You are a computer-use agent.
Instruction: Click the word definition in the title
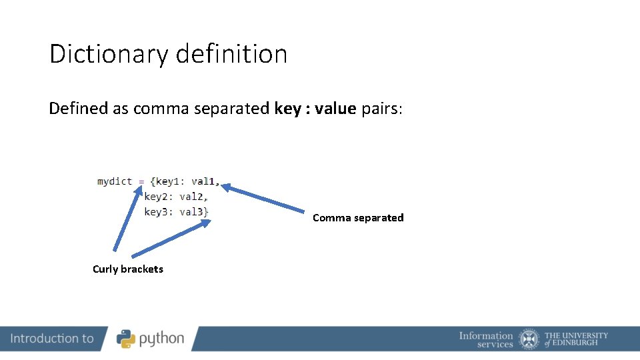click(231, 54)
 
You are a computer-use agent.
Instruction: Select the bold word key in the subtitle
click(287, 109)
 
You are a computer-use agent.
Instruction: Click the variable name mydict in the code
click(115, 181)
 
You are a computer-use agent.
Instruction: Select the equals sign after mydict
click(141, 181)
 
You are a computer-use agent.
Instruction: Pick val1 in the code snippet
click(203, 181)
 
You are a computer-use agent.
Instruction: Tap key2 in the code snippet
click(159, 197)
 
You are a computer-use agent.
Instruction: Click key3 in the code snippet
click(159, 212)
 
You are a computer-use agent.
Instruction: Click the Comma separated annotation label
click(358, 218)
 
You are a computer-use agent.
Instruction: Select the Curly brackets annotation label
click(128, 269)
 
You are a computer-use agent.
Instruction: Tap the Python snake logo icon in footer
click(126, 339)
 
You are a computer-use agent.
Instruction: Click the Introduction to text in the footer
click(52, 339)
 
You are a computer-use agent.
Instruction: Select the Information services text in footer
click(486, 339)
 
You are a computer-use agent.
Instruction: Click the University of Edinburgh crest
click(529, 339)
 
